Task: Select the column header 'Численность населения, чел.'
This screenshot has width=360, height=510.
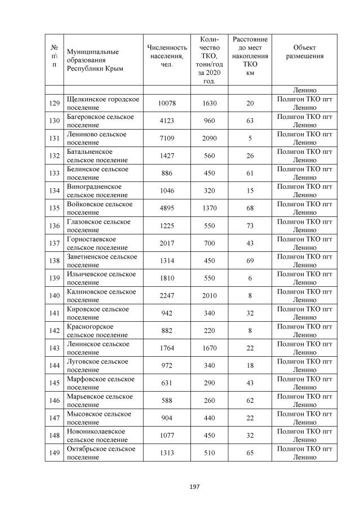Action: [x=167, y=56]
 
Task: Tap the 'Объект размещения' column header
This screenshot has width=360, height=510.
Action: [x=304, y=52]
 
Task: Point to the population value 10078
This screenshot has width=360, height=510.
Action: [x=167, y=103]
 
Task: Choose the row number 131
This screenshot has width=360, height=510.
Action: [x=54, y=138]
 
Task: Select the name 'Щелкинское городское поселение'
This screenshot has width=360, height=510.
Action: [x=103, y=103]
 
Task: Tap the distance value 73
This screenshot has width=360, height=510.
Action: [x=250, y=225]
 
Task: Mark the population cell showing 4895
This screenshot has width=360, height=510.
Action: [x=167, y=208]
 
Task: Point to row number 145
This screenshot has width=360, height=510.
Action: [x=54, y=383]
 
